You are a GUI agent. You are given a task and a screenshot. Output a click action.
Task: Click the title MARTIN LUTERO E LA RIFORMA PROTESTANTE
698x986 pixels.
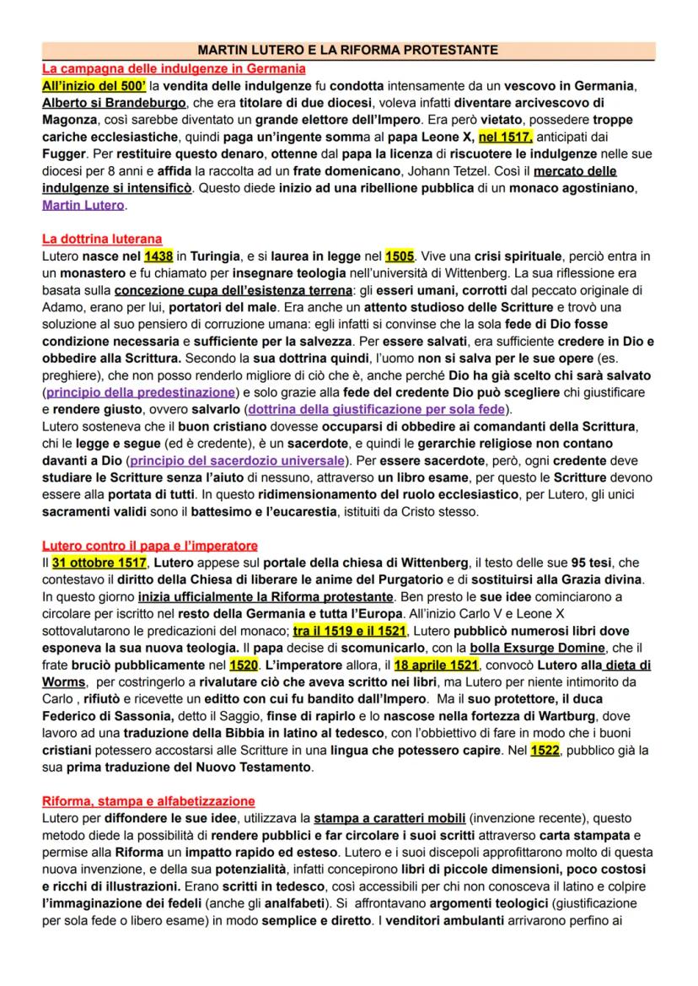(x=349, y=51)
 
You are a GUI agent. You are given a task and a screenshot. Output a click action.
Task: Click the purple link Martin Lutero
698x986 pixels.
(x=83, y=205)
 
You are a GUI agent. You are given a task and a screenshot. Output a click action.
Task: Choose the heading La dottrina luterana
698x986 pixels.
(x=102, y=240)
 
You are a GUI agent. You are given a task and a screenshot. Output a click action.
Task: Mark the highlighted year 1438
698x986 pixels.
(x=158, y=256)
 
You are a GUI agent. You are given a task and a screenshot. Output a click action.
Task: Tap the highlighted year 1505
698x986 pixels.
(x=400, y=256)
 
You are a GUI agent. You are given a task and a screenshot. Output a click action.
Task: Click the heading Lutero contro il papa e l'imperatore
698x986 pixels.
(x=150, y=546)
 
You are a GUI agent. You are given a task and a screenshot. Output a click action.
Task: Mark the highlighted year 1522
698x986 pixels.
(x=545, y=750)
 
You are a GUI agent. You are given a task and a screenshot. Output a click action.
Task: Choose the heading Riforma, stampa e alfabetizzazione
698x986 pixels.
(x=148, y=801)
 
